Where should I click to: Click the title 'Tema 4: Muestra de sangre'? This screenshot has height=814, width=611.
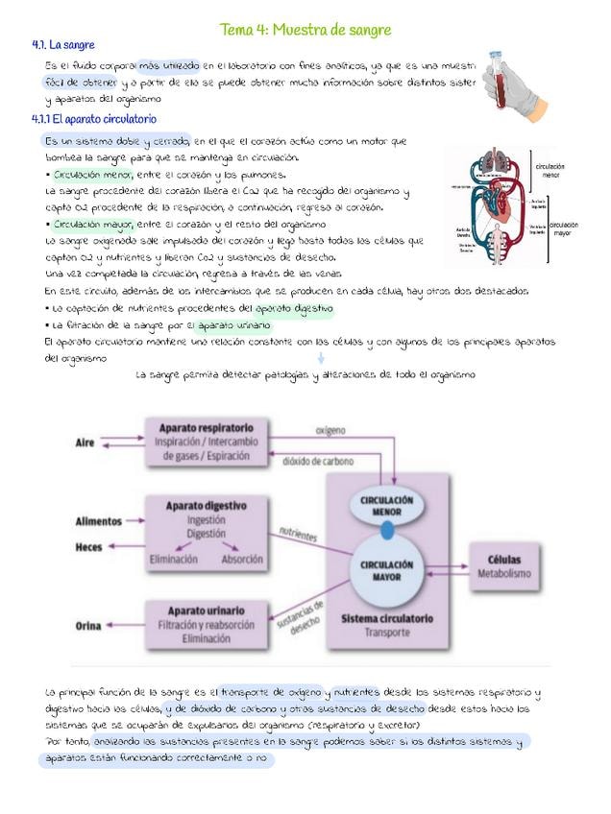click(305, 31)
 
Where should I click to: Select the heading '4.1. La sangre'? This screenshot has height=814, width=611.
click(63, 45)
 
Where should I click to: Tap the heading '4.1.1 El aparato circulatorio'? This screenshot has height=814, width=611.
click(93, 119)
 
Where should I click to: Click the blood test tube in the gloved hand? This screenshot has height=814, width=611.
click(500, 72)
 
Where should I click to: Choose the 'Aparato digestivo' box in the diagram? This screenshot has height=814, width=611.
click(206, 531)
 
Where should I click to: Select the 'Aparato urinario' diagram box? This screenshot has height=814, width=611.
click(206, 624)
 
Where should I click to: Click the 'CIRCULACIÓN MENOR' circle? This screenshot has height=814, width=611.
click(386, 506)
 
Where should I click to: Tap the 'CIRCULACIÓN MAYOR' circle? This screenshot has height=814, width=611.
click(386, 571)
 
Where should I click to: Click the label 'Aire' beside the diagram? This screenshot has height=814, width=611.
click(85, 443)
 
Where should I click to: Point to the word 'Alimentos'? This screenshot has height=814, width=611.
click(99, 521)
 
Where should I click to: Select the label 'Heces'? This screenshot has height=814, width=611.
click(88, 547)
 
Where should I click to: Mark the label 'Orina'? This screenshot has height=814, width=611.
click(88, 626)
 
